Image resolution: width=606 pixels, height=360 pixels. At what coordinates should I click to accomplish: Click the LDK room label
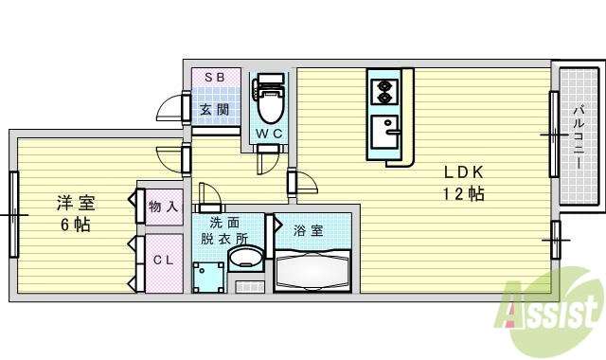pyautogui.click(x=465, y=172)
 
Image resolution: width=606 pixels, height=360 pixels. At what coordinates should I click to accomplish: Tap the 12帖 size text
pyautogui.click(x=465, y=194)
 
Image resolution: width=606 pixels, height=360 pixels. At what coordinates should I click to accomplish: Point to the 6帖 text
pyautogui.click(x=76, y=225)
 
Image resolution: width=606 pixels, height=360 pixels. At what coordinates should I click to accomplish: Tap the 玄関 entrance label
pyautogui.click(x=215, y=109)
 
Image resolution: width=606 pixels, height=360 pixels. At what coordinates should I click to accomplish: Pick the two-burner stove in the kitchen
pyautogui.click(x=385, y=93)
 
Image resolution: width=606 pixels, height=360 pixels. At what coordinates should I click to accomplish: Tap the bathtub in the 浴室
pyautogui.click(x=312, y=274)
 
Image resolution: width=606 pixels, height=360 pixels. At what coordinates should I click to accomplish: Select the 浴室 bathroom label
pyautogui.click(x=309, y=230)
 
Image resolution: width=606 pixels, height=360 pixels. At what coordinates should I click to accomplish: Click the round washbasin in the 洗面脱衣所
pyautogui.click(x=248, y=259)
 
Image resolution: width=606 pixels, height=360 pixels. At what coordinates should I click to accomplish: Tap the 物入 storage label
pyautogui.click(x=163, y=206)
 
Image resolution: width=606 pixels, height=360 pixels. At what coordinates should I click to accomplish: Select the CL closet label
pyautogui.click(x=162, y=261)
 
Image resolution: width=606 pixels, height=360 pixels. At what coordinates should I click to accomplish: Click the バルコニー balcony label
pyautogui.click(x=578, y=137)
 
